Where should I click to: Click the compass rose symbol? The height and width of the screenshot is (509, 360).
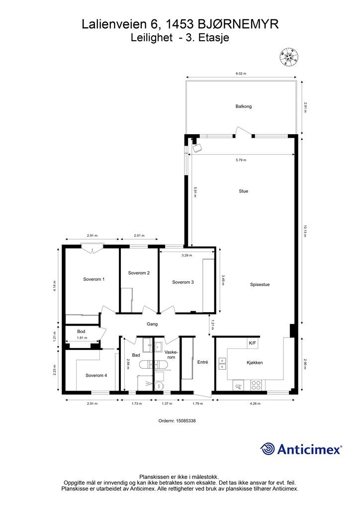point(288,57)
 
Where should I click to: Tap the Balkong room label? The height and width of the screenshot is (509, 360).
point(244,106)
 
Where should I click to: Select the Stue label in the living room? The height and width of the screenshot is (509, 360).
point(244,191)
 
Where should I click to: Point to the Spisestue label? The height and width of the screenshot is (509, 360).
point(260,285)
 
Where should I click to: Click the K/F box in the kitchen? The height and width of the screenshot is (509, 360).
point(252,343)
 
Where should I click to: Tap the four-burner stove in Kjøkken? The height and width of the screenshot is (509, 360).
point(256,385)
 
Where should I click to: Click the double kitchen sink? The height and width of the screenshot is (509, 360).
point(222,363)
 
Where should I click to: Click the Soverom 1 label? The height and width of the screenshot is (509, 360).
point(94,279)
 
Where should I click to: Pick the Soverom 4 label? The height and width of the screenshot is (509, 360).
point(96,375)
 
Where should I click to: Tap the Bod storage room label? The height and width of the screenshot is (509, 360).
point(81,332)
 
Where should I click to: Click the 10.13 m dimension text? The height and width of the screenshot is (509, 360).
point(304,231)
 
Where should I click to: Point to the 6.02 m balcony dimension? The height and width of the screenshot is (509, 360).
point(241,74)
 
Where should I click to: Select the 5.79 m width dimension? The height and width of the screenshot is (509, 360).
point(241,160)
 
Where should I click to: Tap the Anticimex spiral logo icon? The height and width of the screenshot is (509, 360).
point(268,449)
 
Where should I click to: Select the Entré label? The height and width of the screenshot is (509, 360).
point(202,362)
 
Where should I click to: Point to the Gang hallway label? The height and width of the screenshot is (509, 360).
point(152,324)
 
